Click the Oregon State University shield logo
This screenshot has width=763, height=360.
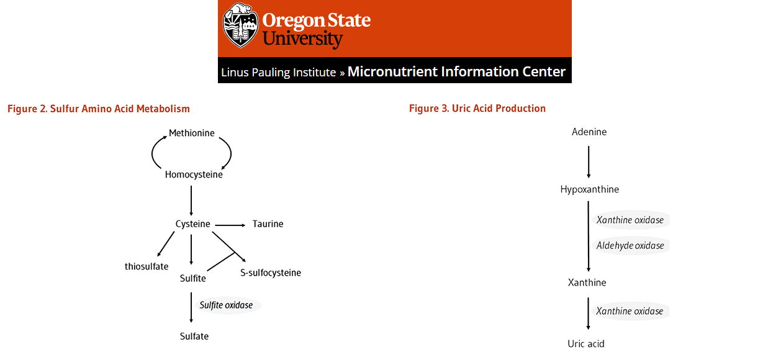click(240, 25)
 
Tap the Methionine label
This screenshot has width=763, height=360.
click(192, 133)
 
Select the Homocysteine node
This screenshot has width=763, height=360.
click(194, 174)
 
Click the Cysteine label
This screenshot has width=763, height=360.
click(193, 224)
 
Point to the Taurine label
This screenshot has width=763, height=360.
click(268, 224)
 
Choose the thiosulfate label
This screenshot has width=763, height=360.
click(147, 266)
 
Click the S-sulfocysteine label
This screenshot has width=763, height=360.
click(271, 272)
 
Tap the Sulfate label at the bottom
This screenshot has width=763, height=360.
click(194, 336)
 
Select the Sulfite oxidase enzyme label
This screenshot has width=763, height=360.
click(226, 305)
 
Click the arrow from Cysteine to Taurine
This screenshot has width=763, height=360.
click(230, 225)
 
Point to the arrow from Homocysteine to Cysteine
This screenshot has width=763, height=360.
click(191, 200)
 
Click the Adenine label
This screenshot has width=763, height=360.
click(589, 132)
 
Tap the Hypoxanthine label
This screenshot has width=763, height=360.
click(590, 189)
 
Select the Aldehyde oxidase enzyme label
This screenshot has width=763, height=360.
click(630, 246)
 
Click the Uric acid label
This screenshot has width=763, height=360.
click(586, 344)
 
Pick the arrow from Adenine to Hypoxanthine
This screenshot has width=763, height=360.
click(589, 162)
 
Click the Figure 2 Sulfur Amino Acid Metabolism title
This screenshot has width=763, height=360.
click(99, 109)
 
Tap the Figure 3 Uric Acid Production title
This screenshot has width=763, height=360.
click(477, 108)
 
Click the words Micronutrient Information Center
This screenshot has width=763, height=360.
click(456, 71)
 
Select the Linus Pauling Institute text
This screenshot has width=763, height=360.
click(279, 72)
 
